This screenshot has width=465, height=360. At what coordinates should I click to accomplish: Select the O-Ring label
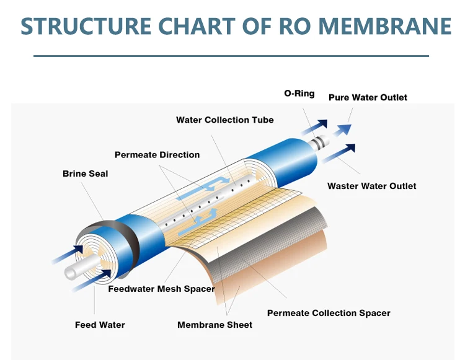point(299,94)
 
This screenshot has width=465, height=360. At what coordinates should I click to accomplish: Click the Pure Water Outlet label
point(368,97)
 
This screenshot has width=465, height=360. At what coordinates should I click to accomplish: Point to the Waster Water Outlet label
point(372,186)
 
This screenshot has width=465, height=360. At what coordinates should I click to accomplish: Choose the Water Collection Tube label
point(225,120)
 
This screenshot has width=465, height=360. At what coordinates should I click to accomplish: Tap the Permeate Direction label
point(157,154)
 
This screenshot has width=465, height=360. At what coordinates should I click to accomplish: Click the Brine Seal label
point(85,173)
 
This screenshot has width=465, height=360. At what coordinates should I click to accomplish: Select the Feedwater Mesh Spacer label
point(161,289)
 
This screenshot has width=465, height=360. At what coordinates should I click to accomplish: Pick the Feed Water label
point(100,325)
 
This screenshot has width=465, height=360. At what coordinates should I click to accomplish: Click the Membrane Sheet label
point(215,325)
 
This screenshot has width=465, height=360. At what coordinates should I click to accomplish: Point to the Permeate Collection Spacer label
point(329,313)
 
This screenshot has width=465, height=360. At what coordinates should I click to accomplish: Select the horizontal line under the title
point(231,56)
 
